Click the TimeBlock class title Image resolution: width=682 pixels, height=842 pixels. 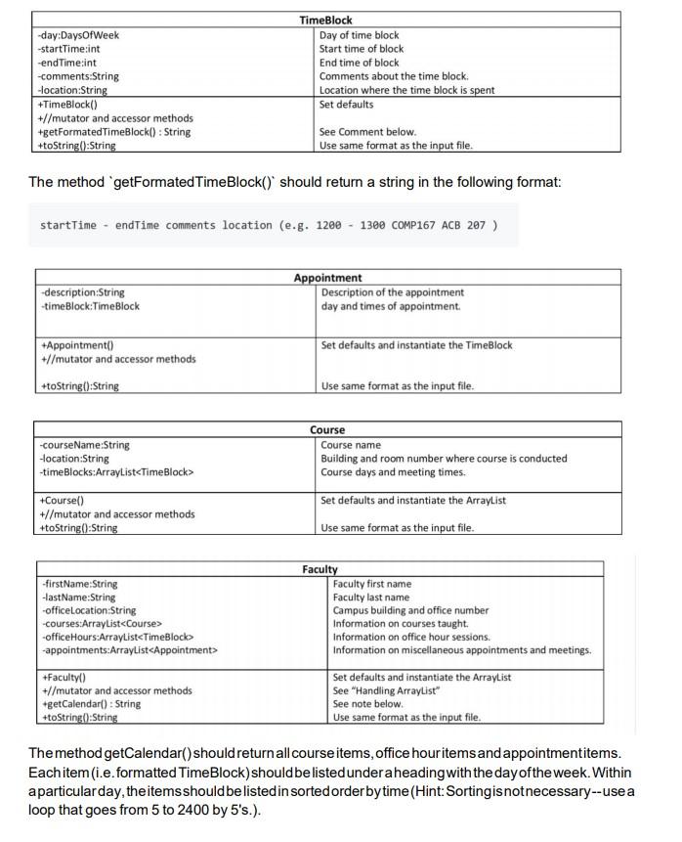tap(325, 20)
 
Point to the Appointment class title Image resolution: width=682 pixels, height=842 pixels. tap(327, 278)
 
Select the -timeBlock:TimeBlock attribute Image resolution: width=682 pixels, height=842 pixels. tap(91, 306)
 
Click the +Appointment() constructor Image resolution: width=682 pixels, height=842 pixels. tap(77, 345)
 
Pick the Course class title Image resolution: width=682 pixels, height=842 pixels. tap(327, 430)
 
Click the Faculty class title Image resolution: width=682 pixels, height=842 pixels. tap(320, 569)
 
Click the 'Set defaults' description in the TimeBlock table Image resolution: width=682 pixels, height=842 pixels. tap(346, 104)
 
